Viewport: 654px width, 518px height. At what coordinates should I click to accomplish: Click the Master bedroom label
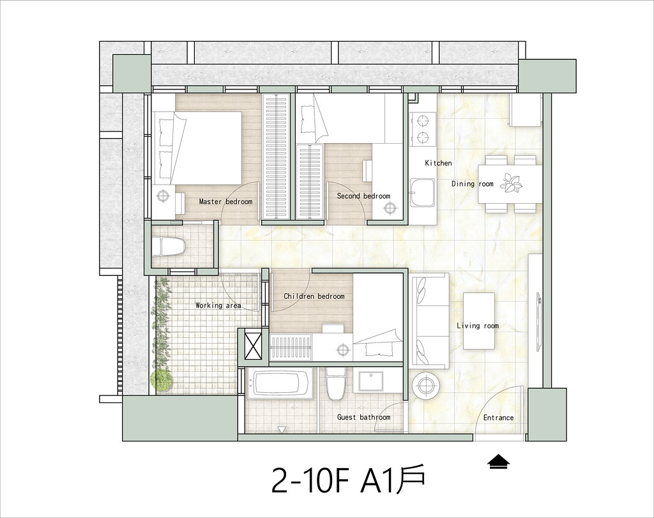click(x=225, y=202)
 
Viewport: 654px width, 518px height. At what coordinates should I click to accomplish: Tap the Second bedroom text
click(x=363, y=196)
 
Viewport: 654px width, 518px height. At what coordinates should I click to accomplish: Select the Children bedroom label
click(x=314, y=296)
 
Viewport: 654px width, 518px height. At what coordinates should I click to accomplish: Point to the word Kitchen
click(x=438, y=164)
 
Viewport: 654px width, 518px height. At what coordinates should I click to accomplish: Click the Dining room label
click(x=472, y=184)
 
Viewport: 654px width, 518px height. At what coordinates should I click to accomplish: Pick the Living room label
click(x=477, y=326)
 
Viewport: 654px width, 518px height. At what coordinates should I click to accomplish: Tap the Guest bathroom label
click(x=363, y=418)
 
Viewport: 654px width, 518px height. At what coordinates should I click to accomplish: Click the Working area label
click(x=218, y=306)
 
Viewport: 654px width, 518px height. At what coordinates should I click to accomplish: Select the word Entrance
click(x=498, y=418)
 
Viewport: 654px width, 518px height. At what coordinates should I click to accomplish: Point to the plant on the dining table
click(x=511, y=183)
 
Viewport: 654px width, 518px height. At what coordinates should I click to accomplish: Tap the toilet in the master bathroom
click(x=169, y=247)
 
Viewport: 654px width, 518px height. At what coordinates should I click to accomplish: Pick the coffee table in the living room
click(x=479, y=321)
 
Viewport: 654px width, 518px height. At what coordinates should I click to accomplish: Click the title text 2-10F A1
click(x=339, y=480)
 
